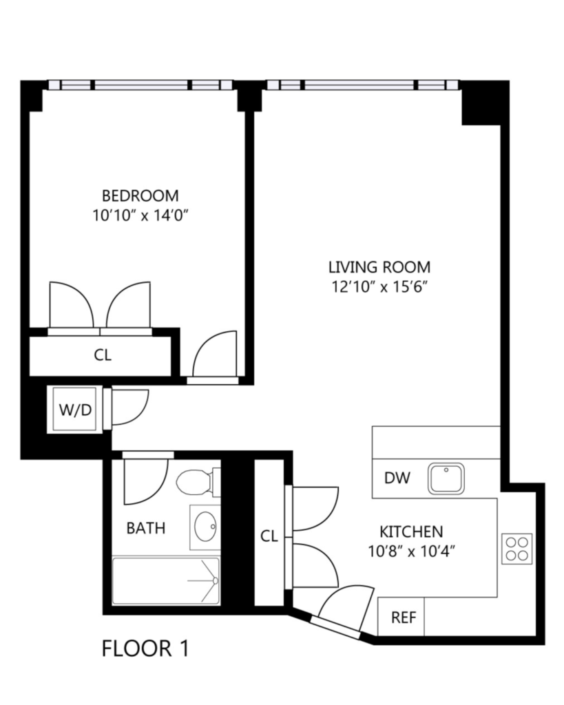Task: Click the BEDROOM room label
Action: coord(140,196)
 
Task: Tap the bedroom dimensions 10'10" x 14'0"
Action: coord(140,215)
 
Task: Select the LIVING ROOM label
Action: coord(379,267)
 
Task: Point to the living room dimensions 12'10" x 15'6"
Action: coord(379,287)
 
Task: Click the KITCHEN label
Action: coord(412,532)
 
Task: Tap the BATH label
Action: coord(146,528)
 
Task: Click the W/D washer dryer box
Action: coord(75,409)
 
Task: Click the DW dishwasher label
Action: coord(397,478)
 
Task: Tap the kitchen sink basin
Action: coord(446,478)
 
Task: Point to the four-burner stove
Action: coord(516,549)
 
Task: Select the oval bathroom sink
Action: coord(206,527)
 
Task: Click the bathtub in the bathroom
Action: coord(166,581)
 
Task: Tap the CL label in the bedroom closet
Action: coord(103,355)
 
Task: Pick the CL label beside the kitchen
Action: coord(269,536)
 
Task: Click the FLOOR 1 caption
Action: coord(145,649)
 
